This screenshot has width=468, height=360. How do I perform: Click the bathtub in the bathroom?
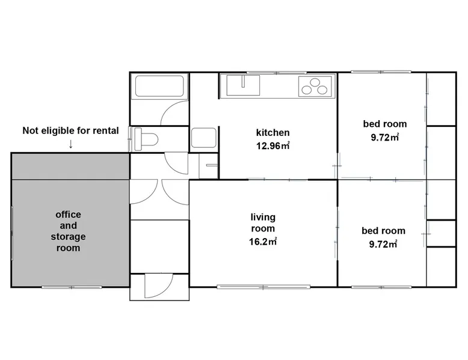click(x=159, y=86)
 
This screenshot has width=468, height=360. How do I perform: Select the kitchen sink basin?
click(x=243, y=85)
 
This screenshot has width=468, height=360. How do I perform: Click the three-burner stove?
click(x=315, y=86)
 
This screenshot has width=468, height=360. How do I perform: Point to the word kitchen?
click(x=273, y=133)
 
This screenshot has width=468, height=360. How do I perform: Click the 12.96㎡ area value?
click(x=273, y=146)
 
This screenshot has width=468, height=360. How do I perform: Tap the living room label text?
click(x=263, y=223)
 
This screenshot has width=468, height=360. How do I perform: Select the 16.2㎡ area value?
click(x=263, y=241)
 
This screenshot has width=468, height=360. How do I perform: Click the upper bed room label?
click(x=385, y=124)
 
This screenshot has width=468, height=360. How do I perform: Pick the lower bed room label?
click(x=383, y=231)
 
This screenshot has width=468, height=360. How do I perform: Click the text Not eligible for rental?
click(x=71, y=130)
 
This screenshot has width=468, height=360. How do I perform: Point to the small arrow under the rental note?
click(x=71, y=144)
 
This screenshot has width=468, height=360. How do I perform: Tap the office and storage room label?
click(x=69, y=231)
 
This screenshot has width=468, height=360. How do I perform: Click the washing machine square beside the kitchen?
click(x=203, y=138)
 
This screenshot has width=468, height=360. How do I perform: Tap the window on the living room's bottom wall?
click(x=263, y=287)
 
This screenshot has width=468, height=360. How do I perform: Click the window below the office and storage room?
click(x=72, y=287)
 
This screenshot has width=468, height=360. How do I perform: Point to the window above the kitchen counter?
click(x=277, y=73)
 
